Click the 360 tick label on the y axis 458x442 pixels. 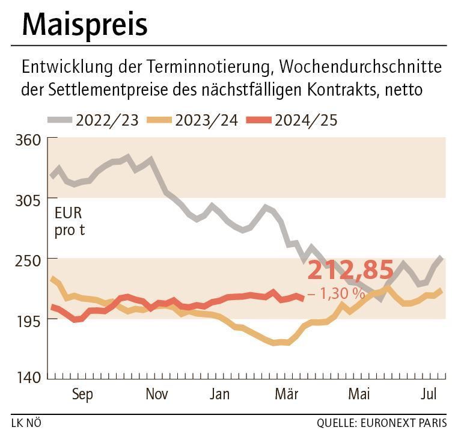coord(28,139)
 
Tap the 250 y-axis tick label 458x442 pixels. coord(28,259)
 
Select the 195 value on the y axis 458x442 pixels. coord(28,320)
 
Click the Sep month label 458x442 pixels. coord(82,394)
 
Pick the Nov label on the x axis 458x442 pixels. coord(156,394)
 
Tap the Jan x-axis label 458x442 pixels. coord(220,394)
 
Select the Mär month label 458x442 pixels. coord(287,394)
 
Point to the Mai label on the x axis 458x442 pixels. coord(359,394)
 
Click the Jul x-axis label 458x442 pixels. coord(429,394)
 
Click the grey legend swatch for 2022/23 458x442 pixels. coord(60,120)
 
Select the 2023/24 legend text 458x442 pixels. coord(206,120)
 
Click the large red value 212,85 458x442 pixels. coord(350,271)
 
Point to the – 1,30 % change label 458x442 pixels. coord(336,294)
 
